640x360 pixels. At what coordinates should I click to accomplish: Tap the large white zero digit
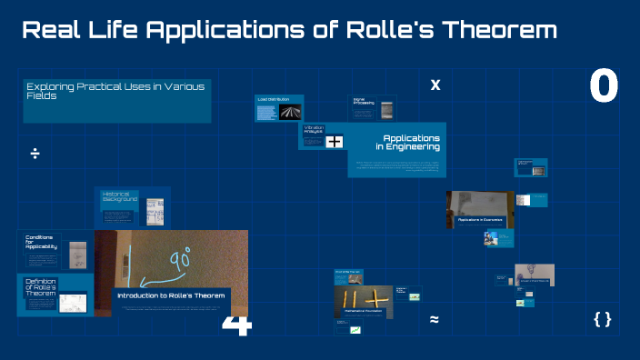pyautogui.click(x=604, y=86)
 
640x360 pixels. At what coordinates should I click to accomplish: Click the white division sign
pyautogui.click(x=35, y=153)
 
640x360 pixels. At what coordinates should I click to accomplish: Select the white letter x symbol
pyautogui.click(x=435, y=85)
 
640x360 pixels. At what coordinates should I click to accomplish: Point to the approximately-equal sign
pyautogui.click(x=435, y=319)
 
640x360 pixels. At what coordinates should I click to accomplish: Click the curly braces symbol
pyautogui.click(x=602, y=318)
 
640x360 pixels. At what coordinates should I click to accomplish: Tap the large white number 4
pyautogui.click(x=235, y=325)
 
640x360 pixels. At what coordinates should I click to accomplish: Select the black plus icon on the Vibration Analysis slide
pyautogui.click(x=335, y=141)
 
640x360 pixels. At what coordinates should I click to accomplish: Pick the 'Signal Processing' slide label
pyautogui.click(x=363, y=102)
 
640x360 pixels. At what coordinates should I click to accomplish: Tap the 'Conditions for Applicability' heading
pyautogui.click(x=42, y=242)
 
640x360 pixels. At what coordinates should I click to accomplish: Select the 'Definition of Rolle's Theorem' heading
pyautogui.click(x=41, y=288)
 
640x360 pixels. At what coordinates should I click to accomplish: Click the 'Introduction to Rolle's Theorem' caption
pyautogui.click(x=170, y=295)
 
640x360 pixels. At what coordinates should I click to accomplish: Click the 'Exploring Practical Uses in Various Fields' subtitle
pyautogui.click(x=116, y=90)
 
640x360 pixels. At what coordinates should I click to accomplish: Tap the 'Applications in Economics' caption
pyautogui.click(x=480, y=220)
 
